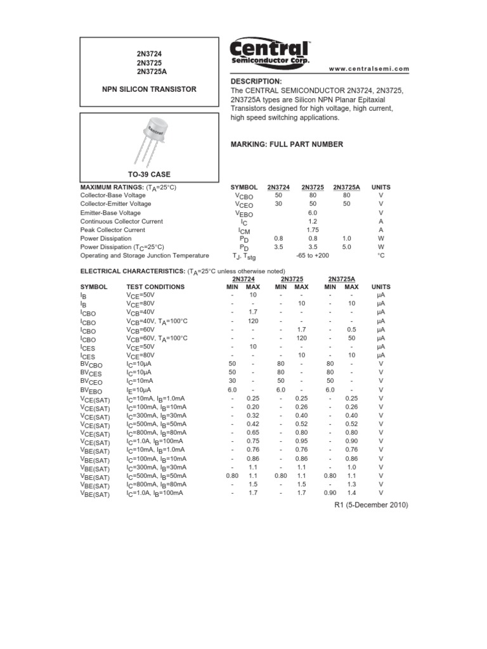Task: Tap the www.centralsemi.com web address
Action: [370, 68]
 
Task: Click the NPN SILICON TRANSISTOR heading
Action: [150, 89]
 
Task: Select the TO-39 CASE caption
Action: [150, 174]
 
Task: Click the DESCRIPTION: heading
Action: [256, 82]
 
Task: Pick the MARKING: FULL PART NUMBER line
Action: [287, 145]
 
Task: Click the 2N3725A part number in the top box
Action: [150, 72]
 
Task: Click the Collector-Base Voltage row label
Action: [113, 196]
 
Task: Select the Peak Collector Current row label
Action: [113, 230]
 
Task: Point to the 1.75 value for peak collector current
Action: [312, 230]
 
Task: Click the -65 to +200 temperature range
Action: [312, 255]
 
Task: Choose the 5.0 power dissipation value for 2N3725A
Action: [346, 247]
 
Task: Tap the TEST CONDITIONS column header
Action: [155, 287]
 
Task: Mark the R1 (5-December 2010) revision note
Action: [371, 505]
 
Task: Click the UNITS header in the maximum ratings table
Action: [381, 188]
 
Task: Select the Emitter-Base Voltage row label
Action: [110, 213]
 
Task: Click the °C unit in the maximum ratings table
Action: [381, 255]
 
